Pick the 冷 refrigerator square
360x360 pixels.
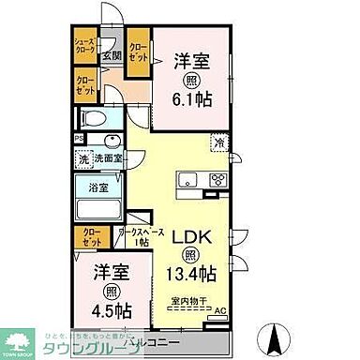(217, 143)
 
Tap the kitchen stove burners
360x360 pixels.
(218, 181)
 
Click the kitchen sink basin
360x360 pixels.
(183, 181)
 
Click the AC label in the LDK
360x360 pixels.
(220, 311)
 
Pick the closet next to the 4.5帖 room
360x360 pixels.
(93, 237)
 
